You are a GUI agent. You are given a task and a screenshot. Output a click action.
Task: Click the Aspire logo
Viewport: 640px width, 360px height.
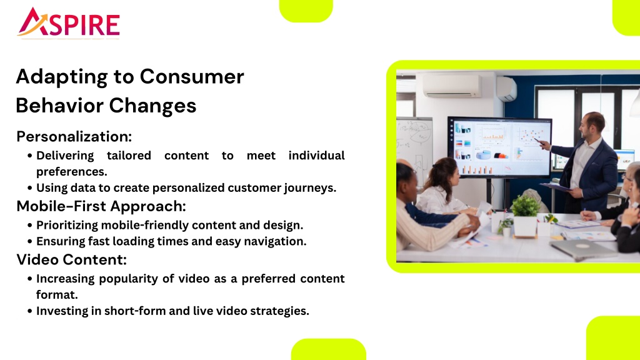(x=68, y=23)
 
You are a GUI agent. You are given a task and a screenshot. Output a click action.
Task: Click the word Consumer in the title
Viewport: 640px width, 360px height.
(x=192, y=76)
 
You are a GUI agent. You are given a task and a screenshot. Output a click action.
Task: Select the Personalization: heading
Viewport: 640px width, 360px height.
(x=74, y=136)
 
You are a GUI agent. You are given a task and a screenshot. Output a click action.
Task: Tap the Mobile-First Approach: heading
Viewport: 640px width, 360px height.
(x=101, y=206)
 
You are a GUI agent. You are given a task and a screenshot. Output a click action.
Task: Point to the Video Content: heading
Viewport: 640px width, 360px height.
(x=71, y=259)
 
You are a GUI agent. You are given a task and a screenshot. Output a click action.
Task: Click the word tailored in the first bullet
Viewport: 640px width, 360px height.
(x=129, y=156)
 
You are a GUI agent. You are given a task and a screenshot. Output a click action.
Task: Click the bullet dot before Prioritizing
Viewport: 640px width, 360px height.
(x=30, y=225)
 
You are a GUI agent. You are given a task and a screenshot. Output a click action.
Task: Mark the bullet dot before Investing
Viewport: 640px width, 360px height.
(x=30, y=311)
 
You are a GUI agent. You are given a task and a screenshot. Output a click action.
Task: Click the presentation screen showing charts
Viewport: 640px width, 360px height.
(x=500, y=147)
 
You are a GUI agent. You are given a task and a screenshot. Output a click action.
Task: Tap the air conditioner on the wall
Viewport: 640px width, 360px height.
(x=452, y=86)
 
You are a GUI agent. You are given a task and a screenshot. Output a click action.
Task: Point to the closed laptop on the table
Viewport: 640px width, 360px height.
(x=583, y=248)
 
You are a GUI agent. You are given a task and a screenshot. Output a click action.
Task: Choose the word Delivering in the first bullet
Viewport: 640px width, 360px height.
(x=65, y=156)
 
